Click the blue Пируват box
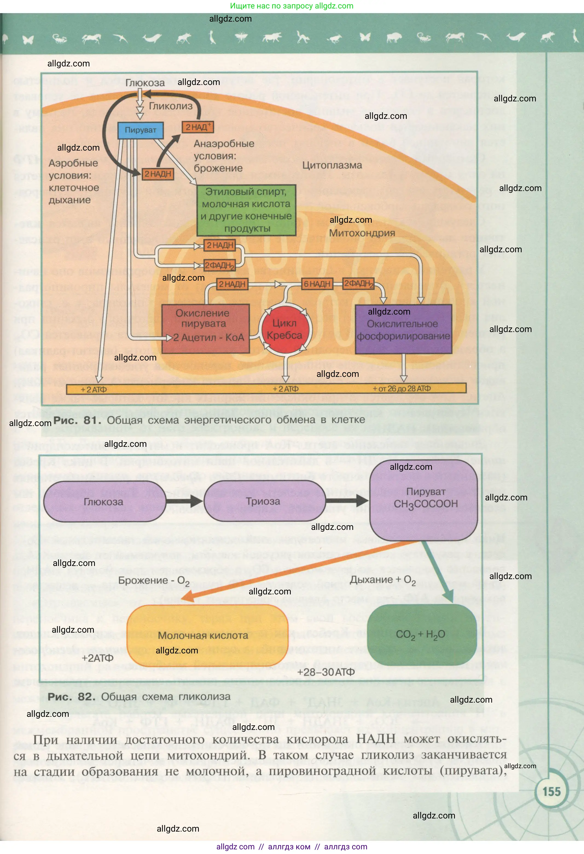click(x=141, y=130)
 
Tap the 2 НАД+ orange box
click(x=198, y=127)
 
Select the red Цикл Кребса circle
click(x=285, y=329)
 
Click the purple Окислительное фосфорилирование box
click(x=403, y=330)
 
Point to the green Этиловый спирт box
click(x=246, y=210)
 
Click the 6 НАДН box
click(x=317, y=284)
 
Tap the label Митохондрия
click(x=362, y=233)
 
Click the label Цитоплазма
click(x=332, y=165)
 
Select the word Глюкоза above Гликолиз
click(x=145, y=83)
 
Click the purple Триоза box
click(x=263, y=501)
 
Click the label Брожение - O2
click(x=153, y=581)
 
